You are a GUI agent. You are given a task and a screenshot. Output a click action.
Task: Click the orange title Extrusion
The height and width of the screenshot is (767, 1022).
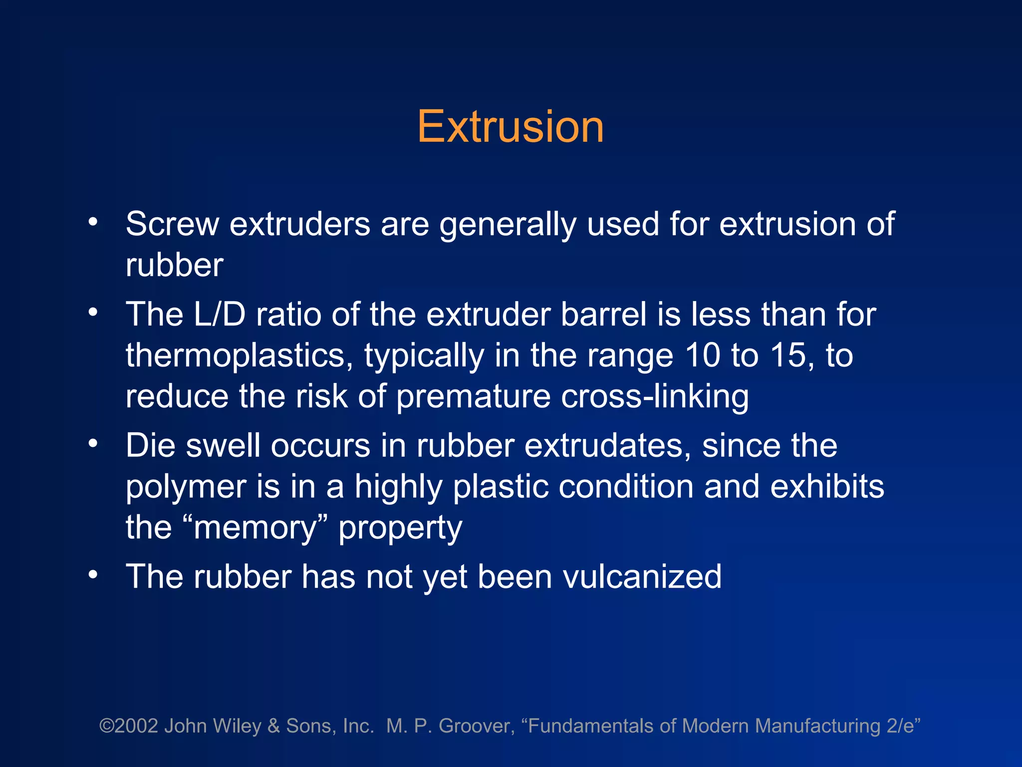click(x=510, y=127)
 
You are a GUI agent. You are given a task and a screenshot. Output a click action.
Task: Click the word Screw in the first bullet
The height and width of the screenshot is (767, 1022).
click(x=172, y=224)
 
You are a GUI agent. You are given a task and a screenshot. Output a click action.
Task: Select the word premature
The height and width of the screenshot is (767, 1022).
click(x=473, y=396)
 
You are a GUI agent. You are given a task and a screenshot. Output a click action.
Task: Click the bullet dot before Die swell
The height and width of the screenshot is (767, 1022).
click(x=93, y=443)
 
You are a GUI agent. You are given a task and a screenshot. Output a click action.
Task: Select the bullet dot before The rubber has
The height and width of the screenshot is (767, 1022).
click(x=93, y=575)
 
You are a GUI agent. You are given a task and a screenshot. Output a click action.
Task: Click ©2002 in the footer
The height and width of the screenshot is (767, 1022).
click(x=129, y=726)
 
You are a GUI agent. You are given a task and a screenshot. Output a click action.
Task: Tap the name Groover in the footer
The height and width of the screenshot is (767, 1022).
click(x=476, y=726)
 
